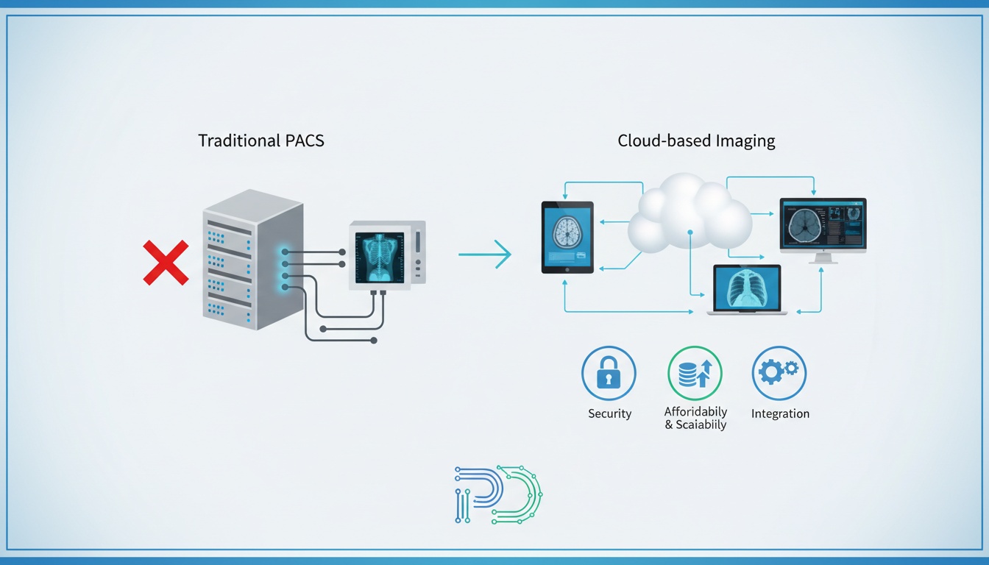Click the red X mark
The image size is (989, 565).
click(166, 263)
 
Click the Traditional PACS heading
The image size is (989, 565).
click(261, 141)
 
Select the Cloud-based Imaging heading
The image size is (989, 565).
click(696, 141)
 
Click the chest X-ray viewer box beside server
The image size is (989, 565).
click(386, 255)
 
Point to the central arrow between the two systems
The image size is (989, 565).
click(485, 255)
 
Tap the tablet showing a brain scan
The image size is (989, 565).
click(567, 237)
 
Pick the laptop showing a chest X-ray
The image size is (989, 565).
click(747, 288)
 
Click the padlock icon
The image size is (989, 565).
click(609, 374)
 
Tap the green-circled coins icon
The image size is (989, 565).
click(695, 374)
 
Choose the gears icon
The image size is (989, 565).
click(779, 373)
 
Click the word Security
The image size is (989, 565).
click(609, 413)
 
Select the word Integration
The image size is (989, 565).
click(780, 413)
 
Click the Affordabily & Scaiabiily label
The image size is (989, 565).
click(695, 418)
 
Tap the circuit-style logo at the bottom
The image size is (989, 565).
click(498, 494)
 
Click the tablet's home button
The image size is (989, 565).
click(567, 269)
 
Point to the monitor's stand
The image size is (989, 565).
click(823, 258)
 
